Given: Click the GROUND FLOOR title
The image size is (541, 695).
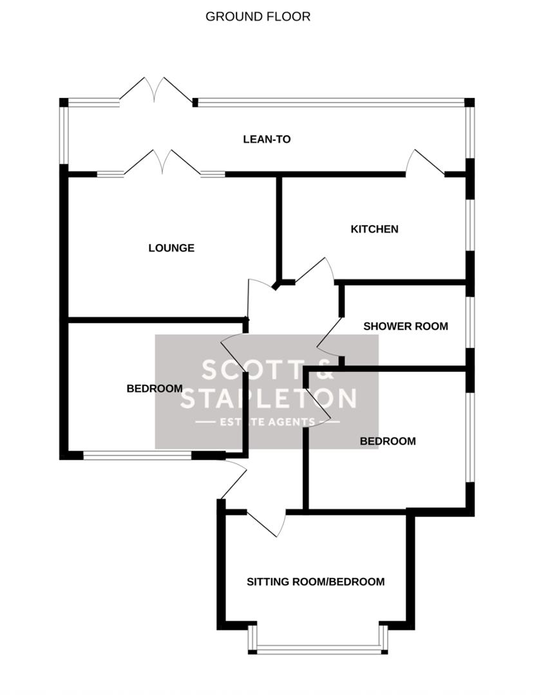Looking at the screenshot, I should pos(258,17).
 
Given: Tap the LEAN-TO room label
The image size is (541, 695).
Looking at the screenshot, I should pos(267,139).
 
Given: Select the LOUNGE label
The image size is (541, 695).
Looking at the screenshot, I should pos(171,248).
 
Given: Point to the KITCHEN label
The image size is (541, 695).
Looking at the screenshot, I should pos(374,229).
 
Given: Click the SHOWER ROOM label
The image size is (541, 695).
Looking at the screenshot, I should pos(406,326).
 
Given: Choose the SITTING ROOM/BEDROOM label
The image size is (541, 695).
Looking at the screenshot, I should pos(316,582).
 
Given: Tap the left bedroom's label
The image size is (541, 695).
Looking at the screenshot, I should pos(155,388).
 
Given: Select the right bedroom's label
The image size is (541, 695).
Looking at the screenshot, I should pos(388,441).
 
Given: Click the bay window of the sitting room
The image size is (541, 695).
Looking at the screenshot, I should pos(319,649).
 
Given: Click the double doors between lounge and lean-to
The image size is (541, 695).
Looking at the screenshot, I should pos(161,163).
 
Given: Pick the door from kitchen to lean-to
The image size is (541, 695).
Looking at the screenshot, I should pos(424,163).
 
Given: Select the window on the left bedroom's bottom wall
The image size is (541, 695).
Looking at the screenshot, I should pos(137,455).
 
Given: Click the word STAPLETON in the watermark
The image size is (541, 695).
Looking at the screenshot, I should pos(267,398).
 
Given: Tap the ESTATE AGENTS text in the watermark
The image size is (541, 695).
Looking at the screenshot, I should pos(267,422).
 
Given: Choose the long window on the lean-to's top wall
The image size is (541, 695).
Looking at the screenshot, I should pos(330,102).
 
